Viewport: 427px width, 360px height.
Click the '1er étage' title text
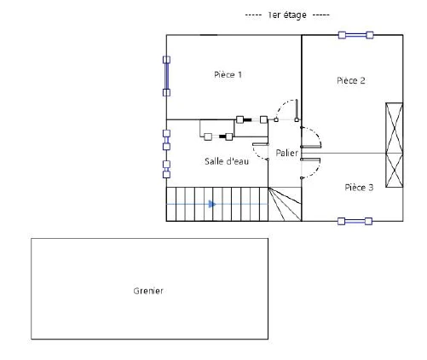pos(287,15)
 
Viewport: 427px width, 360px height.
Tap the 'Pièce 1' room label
pos(228,75)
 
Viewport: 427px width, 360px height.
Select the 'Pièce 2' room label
pos(351,80)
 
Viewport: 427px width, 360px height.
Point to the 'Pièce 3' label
pos(359,188)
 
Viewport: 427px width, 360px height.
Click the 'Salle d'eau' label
pos(227,161)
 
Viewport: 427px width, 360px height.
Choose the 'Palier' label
pos(286,153)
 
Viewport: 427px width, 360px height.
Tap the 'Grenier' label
pos(148,291)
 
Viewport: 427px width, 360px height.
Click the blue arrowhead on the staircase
pos(212,204)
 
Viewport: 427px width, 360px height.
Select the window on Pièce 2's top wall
pos(355,35)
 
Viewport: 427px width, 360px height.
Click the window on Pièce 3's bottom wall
pos(355,221)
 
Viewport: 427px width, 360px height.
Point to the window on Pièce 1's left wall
pos(166,76)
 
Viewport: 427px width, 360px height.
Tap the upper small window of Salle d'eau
pos(166,140)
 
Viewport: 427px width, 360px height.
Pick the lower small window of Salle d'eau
pos(166,169)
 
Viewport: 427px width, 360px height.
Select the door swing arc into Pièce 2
pos(317,133)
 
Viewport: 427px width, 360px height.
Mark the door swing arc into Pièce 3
pos(316,171)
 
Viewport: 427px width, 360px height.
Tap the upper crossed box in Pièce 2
pos(394,128)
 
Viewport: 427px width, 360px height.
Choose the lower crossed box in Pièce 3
pos(394,171)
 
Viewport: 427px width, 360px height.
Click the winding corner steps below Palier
pos(285,204)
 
